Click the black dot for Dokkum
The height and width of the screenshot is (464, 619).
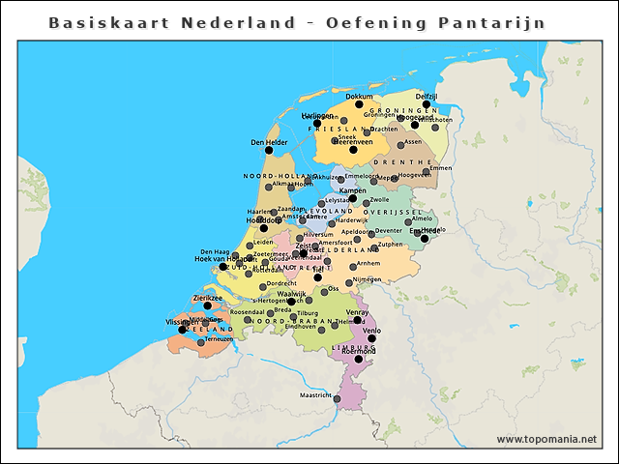tap(359, 104)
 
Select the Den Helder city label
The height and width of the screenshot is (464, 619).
tap(269, 143)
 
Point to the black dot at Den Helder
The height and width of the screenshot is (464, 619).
tap(270, 152)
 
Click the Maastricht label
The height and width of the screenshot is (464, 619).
tap(314, 395)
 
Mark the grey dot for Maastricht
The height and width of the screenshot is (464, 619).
tap(337, 396)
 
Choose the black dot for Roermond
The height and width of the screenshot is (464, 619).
tap(358, 359)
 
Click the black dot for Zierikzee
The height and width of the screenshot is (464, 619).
tap(207, 306)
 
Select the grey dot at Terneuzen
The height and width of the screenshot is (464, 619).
tap(201, 342)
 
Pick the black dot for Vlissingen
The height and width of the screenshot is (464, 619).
tap(182, 330)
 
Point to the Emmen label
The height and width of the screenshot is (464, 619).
tap(440, 168)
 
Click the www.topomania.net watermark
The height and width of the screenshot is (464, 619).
tap(546, 440)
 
